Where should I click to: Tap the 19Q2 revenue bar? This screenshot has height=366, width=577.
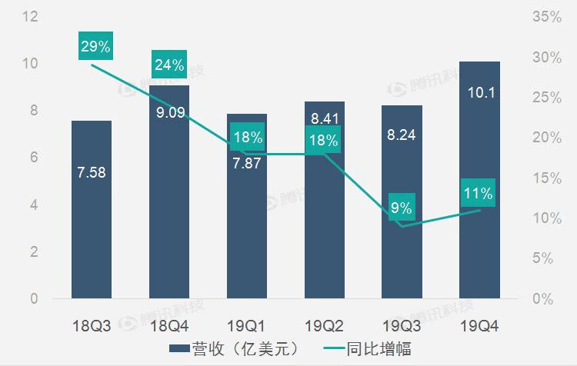point(324,223)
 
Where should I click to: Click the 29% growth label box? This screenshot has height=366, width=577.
point(95,46)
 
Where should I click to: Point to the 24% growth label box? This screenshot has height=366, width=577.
point(168,65)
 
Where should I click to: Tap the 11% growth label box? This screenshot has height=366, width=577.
point(479,192)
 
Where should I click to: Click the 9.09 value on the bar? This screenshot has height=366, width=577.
point(168,113)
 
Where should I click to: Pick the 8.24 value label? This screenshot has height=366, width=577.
point(402,135)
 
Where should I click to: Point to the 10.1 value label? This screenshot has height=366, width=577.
point(479,93)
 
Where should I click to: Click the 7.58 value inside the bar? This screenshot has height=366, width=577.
point(92,172)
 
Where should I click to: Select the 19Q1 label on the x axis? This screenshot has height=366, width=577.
point(246,326)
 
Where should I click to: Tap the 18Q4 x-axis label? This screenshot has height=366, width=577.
point(168,326)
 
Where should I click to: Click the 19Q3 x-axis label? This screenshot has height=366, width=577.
point(402,326)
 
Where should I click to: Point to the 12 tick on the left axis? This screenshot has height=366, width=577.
point(31,16)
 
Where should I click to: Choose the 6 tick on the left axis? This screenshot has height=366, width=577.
point(34,158)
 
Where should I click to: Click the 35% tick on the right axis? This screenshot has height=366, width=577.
point(547,16)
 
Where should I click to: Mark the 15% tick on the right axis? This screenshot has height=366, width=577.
point(547,178)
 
